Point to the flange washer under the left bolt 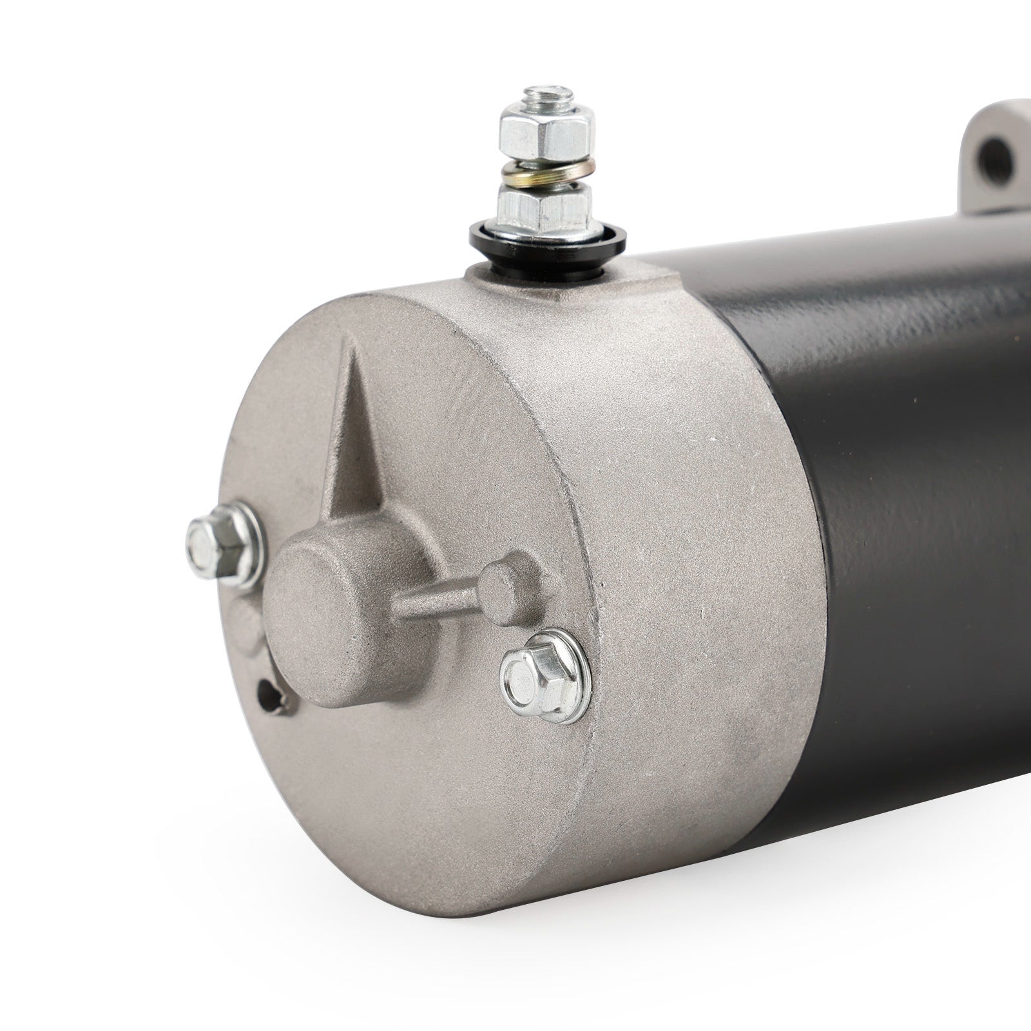238,561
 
